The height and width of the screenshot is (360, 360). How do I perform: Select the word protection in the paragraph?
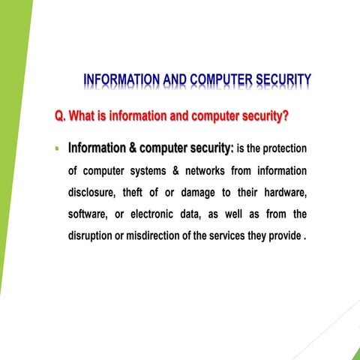280,148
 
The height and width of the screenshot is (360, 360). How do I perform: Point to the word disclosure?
92,193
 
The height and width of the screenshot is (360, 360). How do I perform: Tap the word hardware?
283,193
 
